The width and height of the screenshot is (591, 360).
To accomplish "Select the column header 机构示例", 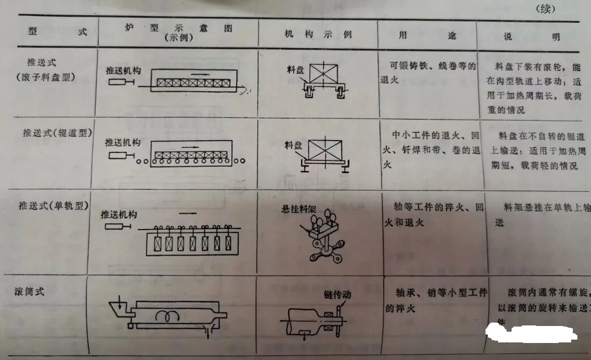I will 318,35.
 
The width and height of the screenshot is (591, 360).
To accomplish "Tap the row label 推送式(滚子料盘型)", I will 50,69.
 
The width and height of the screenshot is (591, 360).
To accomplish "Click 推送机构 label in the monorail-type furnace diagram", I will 119,215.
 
